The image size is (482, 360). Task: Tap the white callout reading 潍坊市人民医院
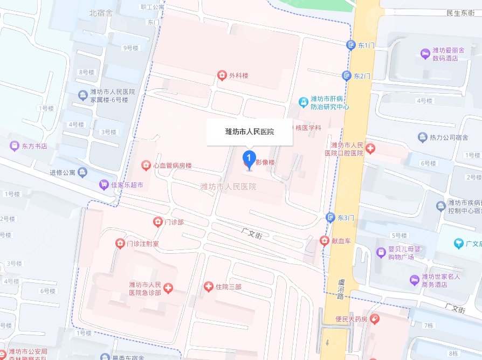[249, 132]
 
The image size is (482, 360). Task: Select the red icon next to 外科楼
[221, 75]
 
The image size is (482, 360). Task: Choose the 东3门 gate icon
[330, 217]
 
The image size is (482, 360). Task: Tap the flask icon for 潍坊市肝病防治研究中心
[304, 101]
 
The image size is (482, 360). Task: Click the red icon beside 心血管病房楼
[146, 165]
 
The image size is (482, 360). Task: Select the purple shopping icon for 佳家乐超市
[103, 185]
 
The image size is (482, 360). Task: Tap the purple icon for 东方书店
[14, 146]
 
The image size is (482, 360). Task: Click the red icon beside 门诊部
[157, 221]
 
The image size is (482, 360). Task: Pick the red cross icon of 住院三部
[209, 287]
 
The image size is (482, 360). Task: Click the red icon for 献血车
[324, 240]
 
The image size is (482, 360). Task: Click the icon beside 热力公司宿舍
[422, 137]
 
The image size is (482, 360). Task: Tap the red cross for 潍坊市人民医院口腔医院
[371, 148]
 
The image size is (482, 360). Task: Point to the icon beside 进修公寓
[82, 172]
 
